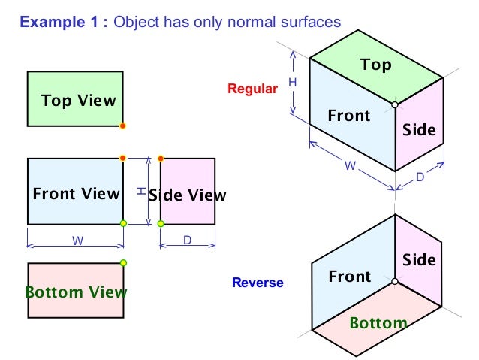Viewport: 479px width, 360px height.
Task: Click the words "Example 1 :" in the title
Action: coord(65,22)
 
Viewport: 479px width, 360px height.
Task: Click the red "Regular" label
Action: coord(252,89)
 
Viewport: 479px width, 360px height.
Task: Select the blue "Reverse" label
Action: coord(258,283)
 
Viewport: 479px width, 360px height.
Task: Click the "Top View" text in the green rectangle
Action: coord(78,100)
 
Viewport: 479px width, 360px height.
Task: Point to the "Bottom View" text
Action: coord(76,292)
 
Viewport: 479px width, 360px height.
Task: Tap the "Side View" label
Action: coord(188,195)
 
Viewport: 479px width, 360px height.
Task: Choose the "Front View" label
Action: coord(76,193)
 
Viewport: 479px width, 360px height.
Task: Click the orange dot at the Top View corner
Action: coord(123,126)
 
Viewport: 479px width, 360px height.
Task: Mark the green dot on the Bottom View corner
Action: coord(123,262)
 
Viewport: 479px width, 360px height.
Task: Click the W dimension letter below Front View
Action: coord(77,242)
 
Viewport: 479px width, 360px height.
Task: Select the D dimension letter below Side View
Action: coord(188,242)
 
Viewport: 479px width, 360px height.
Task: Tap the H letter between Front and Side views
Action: coord(140,192)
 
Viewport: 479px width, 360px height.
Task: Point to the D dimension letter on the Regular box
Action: coord(420,177)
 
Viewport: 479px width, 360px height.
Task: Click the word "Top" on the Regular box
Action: coord(375,65)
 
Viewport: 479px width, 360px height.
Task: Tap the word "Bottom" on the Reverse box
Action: coord(378,323)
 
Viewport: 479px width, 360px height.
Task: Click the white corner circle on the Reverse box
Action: coord(394,282)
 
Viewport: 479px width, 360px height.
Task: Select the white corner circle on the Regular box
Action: coord(394,105)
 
